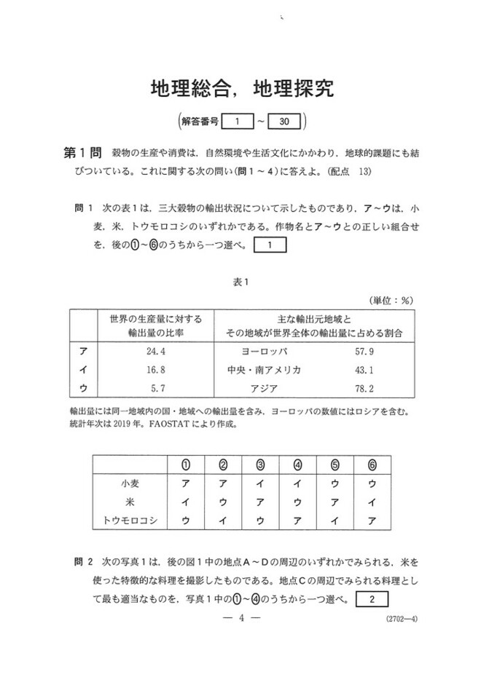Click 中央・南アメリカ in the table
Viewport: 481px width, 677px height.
(264, 369)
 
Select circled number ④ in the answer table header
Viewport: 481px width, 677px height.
(297, 464)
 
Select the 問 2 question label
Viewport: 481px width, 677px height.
(83, 563)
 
